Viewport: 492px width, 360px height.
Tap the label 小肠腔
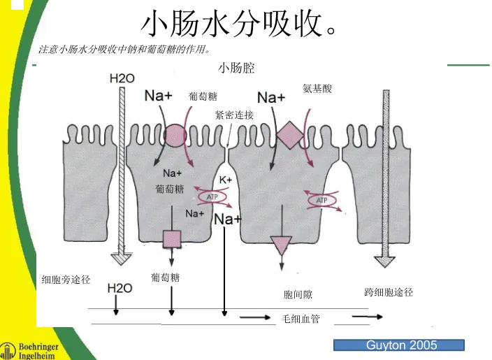(236, 68)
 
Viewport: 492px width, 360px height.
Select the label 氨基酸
(317, 88)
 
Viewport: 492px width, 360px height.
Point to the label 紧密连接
(234, 115)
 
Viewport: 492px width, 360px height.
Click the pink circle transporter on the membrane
(174, 135)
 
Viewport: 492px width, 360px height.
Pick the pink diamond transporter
(288, 134)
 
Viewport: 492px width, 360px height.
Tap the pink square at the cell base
(172, 240)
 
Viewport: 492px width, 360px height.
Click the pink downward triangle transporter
(282, 245)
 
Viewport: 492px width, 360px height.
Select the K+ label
(226, 180)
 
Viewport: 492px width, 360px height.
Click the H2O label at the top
(122, 78)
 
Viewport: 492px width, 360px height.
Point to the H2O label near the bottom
(120, 287)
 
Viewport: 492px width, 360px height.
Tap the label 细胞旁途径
(66, 280)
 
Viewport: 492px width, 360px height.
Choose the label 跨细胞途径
(389, 292)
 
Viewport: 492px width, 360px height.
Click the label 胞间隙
(298, 296)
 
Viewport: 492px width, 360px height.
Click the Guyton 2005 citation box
(399, 345)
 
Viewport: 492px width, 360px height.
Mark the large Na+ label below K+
(228, 219)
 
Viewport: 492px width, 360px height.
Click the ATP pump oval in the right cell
(321, 201)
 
